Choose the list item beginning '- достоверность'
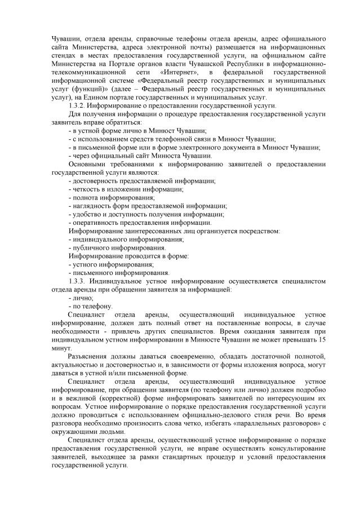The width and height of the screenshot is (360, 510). coord(141,181)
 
